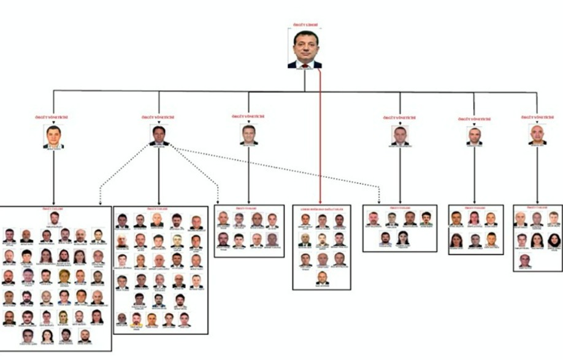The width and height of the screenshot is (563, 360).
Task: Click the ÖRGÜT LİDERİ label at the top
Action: [x=305, y=25]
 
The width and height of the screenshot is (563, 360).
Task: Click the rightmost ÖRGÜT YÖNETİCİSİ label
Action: [x=537, y=117]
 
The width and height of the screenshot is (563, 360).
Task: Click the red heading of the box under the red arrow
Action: [x=321, y=209]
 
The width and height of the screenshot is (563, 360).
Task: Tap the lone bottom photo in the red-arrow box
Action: [x=323, y=278]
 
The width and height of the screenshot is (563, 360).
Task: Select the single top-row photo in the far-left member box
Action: [x=55, y=218]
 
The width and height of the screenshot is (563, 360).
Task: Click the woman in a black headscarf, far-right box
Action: [x=554, y=240]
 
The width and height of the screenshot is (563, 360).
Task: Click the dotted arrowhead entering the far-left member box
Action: [x=99, y=202]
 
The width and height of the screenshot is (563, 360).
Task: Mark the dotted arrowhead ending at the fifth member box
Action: [x=379, y=201]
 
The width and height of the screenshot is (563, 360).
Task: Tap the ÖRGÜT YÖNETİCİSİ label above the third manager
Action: [x=248, y=117]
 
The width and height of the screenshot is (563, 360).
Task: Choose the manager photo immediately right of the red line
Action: [x=400, y=136]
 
